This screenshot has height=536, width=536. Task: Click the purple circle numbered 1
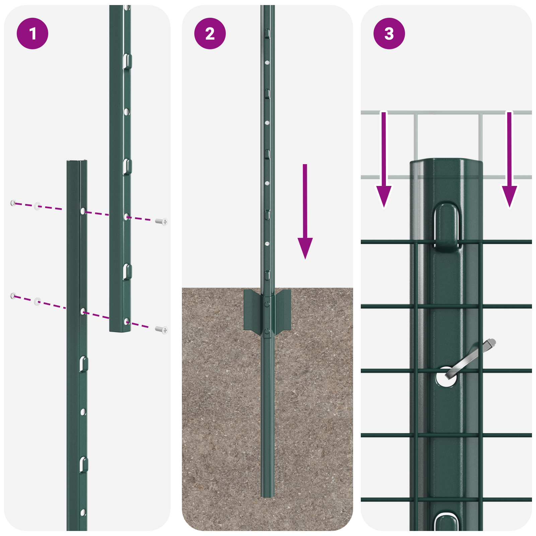tap(32, 33)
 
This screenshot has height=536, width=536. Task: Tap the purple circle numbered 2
tap(210, 33)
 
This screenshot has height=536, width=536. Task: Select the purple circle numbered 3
tap(389, 33)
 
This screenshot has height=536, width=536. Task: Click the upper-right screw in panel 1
tap(162, 221)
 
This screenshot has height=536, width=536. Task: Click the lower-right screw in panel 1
tap(162, 330)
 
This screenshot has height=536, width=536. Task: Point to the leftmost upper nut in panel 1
tap(13, 203)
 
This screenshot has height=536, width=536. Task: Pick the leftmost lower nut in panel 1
tap(13, 295)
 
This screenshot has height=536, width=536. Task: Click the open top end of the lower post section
tap(77, 162)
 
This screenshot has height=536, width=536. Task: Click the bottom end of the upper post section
tap(120, 330)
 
